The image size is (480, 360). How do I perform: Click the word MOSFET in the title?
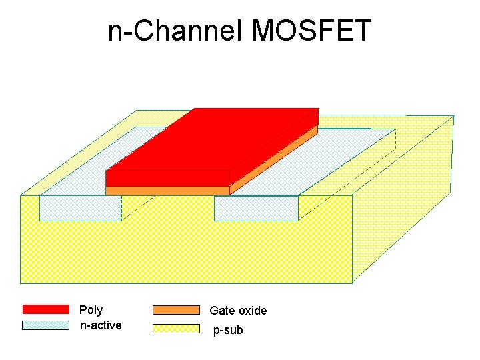311,31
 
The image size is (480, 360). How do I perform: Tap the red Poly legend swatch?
45,309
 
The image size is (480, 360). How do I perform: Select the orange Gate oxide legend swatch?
176,310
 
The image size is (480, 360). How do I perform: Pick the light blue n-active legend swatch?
45,325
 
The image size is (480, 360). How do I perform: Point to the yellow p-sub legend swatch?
176,329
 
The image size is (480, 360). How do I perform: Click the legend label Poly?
91,310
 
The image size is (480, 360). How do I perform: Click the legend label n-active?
100,325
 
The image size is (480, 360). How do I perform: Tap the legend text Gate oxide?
238,311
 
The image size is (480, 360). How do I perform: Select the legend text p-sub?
228,330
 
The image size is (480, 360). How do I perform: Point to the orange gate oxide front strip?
167,191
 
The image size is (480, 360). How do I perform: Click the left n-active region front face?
80,208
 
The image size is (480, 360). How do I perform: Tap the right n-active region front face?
256,208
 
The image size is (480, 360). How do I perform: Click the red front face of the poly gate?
167,178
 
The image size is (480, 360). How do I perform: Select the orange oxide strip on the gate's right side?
273,161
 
